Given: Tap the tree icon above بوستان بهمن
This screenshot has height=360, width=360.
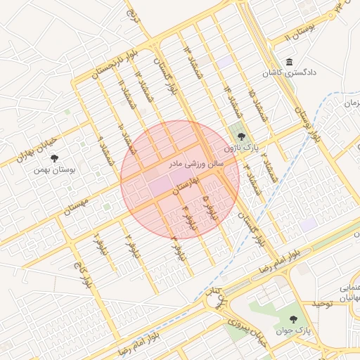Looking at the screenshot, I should [56, 158].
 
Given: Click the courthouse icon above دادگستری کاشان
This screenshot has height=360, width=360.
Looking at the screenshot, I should [290, 63].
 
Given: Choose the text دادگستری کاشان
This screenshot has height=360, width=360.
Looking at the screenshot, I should [290, 73].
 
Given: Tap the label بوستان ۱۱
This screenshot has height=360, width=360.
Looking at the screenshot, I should [296, 31].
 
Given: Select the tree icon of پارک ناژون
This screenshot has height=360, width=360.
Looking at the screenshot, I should [241, 137].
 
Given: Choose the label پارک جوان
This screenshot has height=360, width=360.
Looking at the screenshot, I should [298, 330].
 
